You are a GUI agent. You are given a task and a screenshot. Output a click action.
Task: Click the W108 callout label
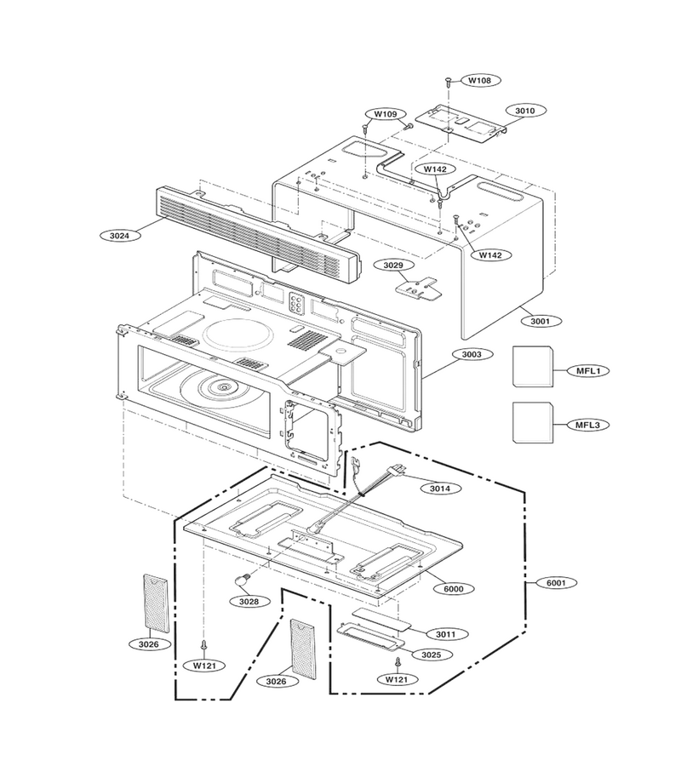[x=480, y=80]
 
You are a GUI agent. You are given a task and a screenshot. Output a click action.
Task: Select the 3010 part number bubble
[x=525, y=111]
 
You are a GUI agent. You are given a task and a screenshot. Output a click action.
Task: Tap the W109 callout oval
[x=386, y=114]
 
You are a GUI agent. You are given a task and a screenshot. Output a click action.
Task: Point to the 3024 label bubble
[x=119, y=236]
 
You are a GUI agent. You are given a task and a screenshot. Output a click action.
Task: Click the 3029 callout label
[x=393, y=266]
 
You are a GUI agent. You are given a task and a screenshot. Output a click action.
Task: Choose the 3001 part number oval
[x=540, y=322]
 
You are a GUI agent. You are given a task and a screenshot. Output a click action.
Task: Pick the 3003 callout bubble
[x=472, y=354]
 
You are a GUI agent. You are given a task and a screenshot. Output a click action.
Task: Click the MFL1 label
[x=588, y=371]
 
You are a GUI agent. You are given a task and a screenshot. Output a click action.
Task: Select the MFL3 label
[x=587, y=425]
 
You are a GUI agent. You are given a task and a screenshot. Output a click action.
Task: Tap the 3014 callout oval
[x=439, y=488]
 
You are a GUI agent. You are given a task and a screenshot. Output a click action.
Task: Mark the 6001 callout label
[x=556, y=583]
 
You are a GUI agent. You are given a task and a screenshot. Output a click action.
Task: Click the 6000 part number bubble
[x=454, y=589]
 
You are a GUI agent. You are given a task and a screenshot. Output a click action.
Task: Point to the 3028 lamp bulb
[x=243, y=580]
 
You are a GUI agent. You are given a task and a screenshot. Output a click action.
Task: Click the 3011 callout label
[x=445, y=635]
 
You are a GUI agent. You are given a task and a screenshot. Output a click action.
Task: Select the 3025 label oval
[x=431, y=655]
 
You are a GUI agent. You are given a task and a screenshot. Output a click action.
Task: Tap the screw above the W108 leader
[x=448, y=82]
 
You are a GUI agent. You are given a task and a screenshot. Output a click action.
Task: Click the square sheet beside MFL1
[x=533, y=367]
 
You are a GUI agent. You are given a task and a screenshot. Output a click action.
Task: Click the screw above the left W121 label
[x=204, y=645]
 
